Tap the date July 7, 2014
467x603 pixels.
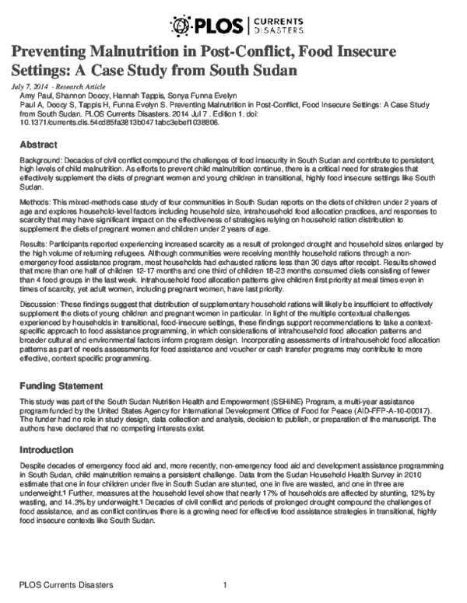coord(30,85)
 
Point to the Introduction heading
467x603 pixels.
coord(46,449)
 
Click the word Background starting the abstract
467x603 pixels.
coord(42,159)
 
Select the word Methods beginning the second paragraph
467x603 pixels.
coord(36,200)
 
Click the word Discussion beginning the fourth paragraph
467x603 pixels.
coord(40,301)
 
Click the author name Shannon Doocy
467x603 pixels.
coord(80,93)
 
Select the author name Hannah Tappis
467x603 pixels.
coord(133,93)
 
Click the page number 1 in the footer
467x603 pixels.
coord(224,585)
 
